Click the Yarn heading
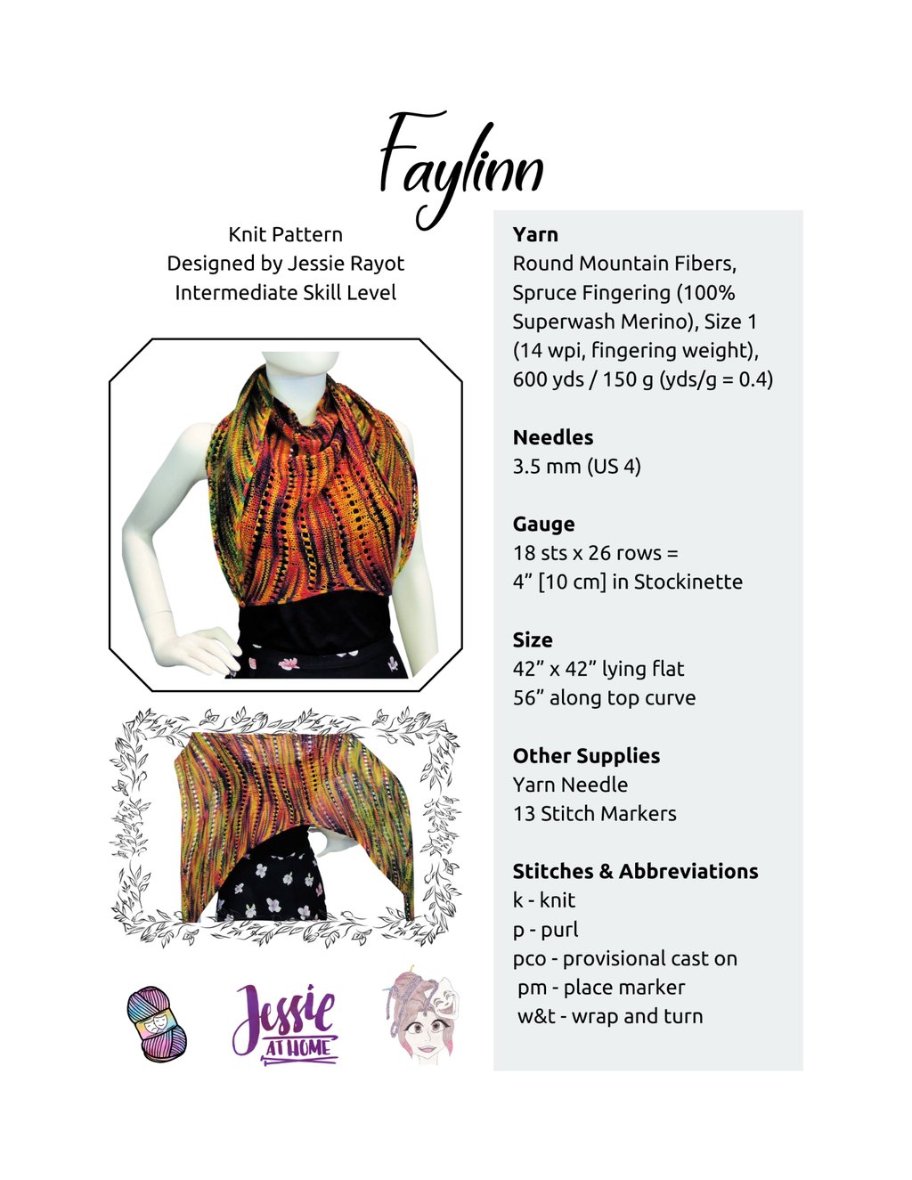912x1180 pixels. (x=535, y=234)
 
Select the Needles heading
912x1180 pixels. (x=552, y=437)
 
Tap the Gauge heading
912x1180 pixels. (x=543, y=524)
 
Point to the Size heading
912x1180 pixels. (x=532, y=639)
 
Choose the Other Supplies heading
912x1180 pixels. (x=586, y=755)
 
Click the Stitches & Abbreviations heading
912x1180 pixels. (x=635, y=871)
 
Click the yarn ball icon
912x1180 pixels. (x=157, y=1023)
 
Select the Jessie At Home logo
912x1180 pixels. (x=285, y=1021)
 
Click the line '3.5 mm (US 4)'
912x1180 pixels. (x=576, y=466)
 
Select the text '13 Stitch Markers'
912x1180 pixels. (x=594, y=813)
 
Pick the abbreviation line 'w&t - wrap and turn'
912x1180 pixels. (x=610, y=1016)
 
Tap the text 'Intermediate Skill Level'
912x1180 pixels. (x=285, y=292)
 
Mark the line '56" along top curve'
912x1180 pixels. (x=604, y=697)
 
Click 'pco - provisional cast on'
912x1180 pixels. (x=624, y=958)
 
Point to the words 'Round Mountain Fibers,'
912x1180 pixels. (x=624, y=264)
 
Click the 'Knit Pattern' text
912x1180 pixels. (x=285, y=234)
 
